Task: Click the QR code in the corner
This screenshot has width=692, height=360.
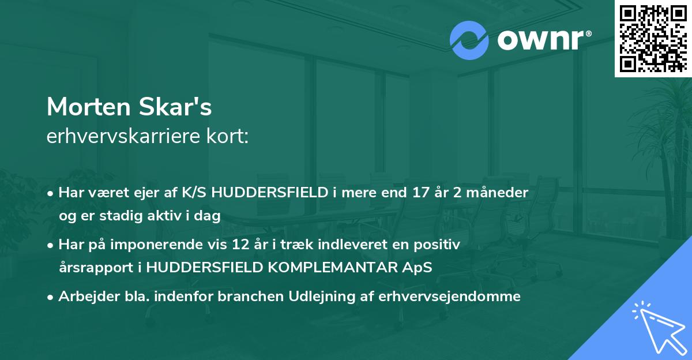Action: coord(652,38)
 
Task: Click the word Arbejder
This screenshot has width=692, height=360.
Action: coord(82,297)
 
